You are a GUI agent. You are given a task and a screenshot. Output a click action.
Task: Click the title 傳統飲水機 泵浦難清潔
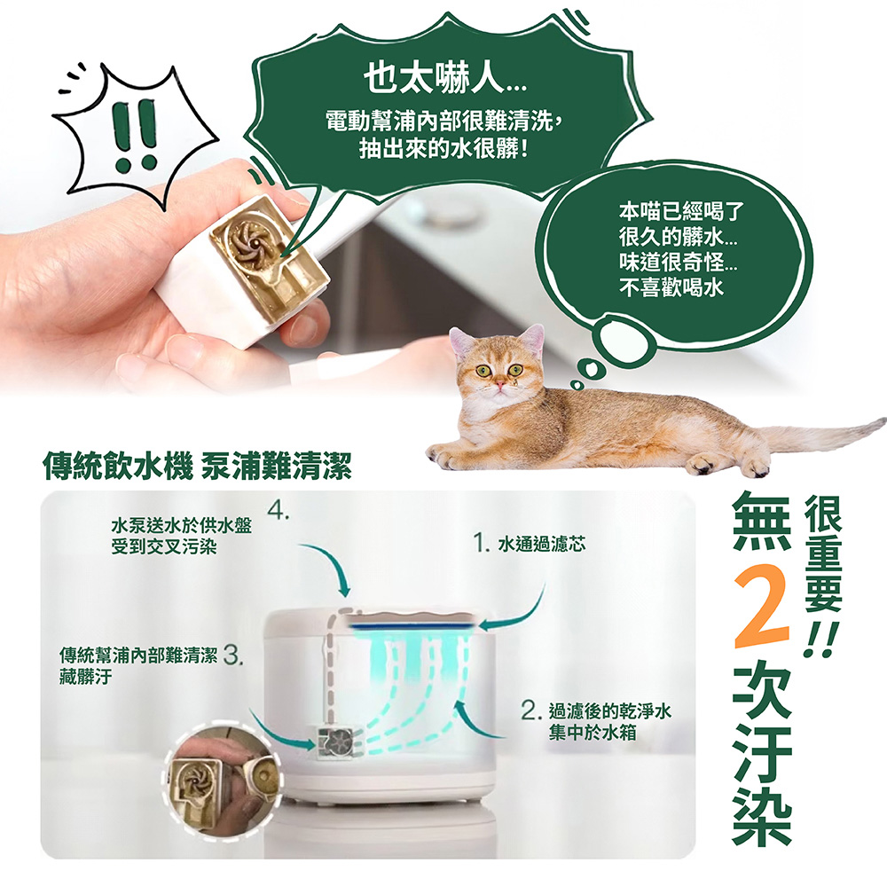[197, 464]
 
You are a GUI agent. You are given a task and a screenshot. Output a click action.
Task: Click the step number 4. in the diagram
[279, 513]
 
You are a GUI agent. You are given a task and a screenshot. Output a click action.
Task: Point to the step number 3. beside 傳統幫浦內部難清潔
[234, 656]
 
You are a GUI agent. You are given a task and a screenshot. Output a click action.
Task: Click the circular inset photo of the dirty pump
[217, 781]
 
